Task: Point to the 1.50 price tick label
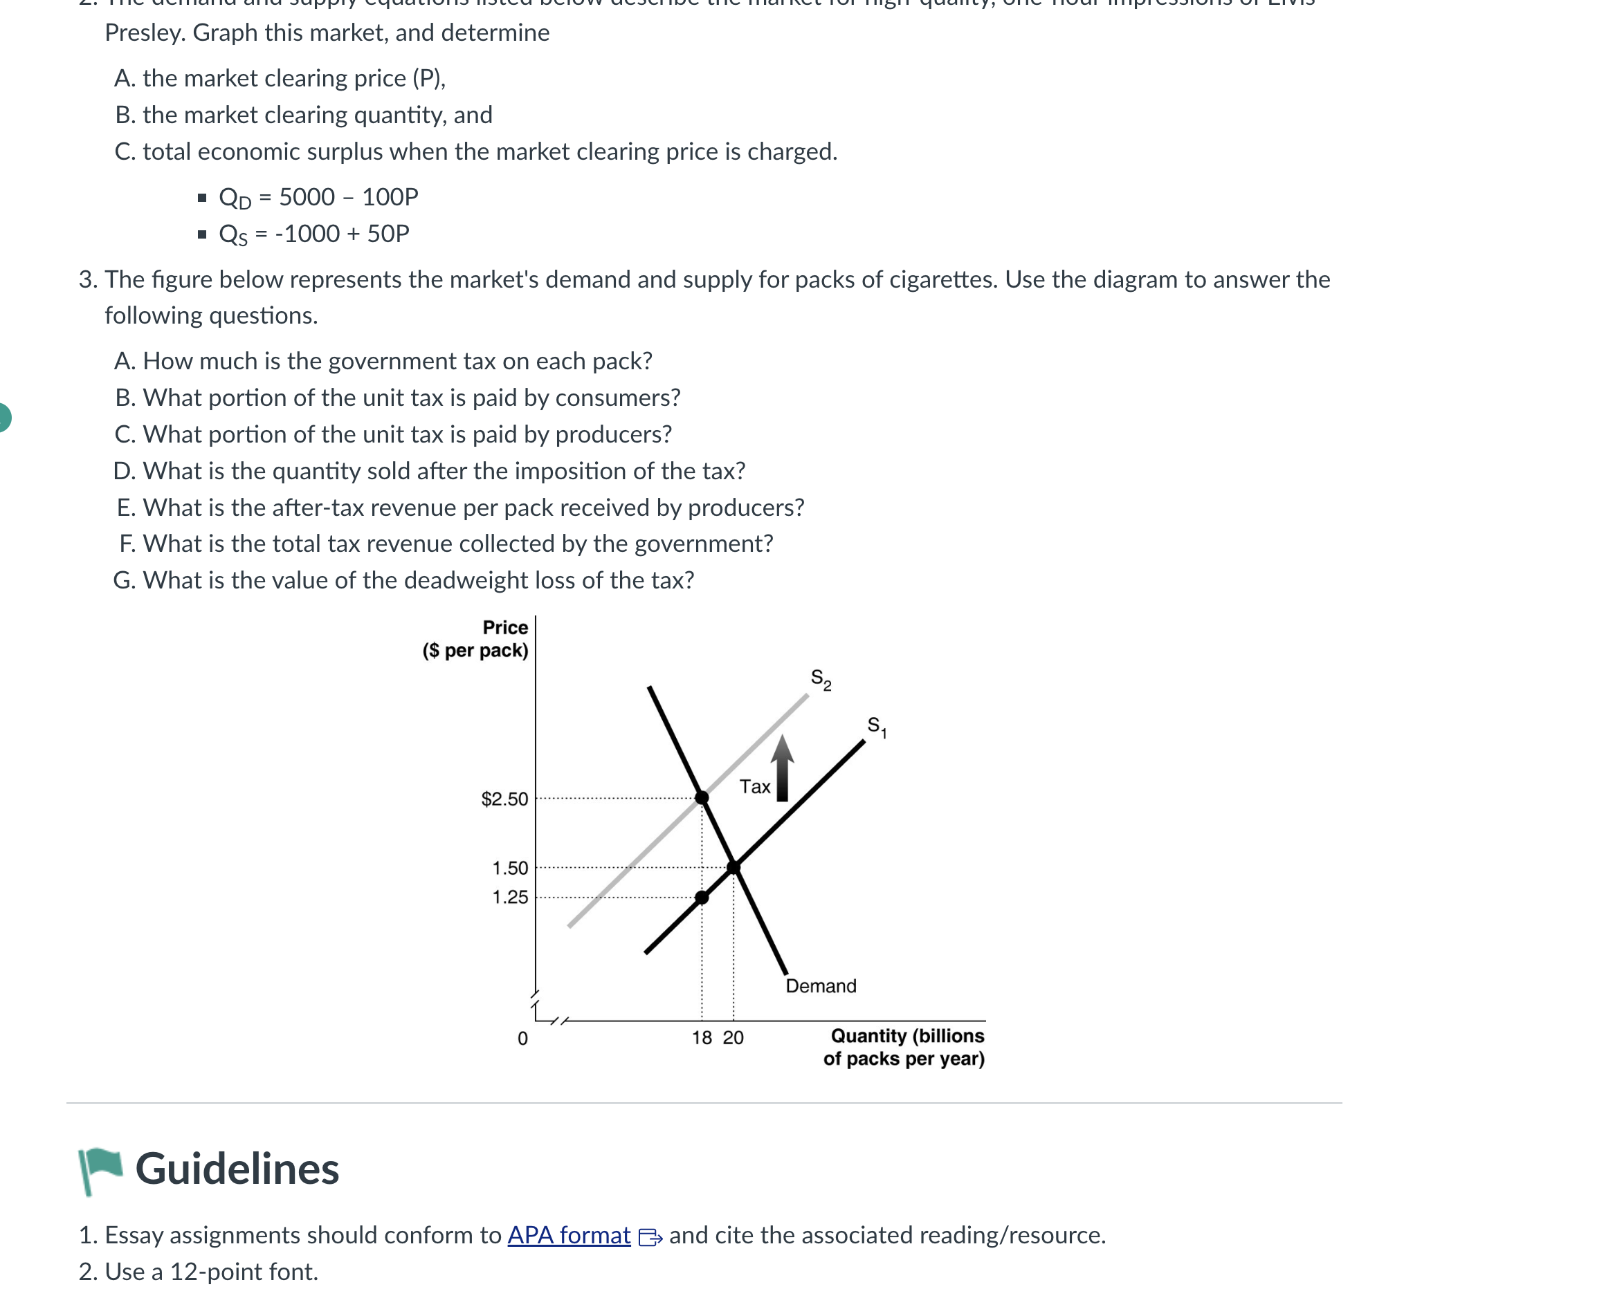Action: [x=509, y=868]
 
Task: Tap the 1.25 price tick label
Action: [x=509, y=897]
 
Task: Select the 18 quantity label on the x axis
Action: [x=701, y=1038]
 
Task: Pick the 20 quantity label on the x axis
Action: [x=733, y=1038]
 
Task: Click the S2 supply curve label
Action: [x=820, y=679]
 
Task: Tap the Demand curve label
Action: [x=820, y=986]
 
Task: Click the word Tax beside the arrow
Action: [x=754, y=787]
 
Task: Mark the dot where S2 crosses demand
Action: [x=701, y=797]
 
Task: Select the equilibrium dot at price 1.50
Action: [x=733, y=868]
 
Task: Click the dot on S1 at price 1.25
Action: [x=701, y=897]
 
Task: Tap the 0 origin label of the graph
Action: [x=522, y=1039]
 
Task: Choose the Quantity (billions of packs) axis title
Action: [x=905, y=1047]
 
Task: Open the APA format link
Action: [x=569, y=1235]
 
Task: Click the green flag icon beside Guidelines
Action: [x=100, y=1169]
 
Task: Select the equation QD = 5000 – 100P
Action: [x=318, y=197]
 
